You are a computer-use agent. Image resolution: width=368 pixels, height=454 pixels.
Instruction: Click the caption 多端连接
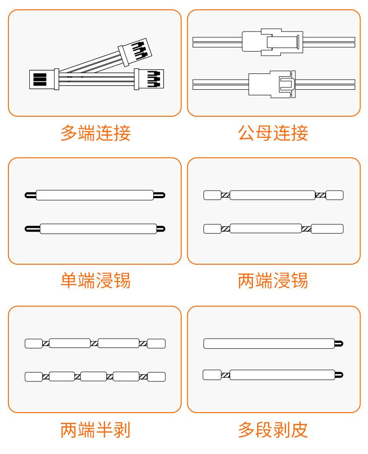point(95,134)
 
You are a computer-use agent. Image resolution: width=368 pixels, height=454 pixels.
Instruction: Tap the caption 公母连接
point(273,134)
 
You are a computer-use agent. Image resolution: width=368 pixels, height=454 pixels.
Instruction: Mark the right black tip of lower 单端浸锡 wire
point(160,228)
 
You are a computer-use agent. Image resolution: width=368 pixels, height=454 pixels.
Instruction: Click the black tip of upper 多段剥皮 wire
point(340,344)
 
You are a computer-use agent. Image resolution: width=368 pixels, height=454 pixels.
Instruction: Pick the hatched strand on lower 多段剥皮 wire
point(225,374)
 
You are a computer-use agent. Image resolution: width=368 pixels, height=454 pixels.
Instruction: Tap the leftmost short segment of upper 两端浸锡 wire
point(212,195)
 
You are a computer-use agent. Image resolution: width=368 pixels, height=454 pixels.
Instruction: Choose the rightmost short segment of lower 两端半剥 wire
point(157,377)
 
